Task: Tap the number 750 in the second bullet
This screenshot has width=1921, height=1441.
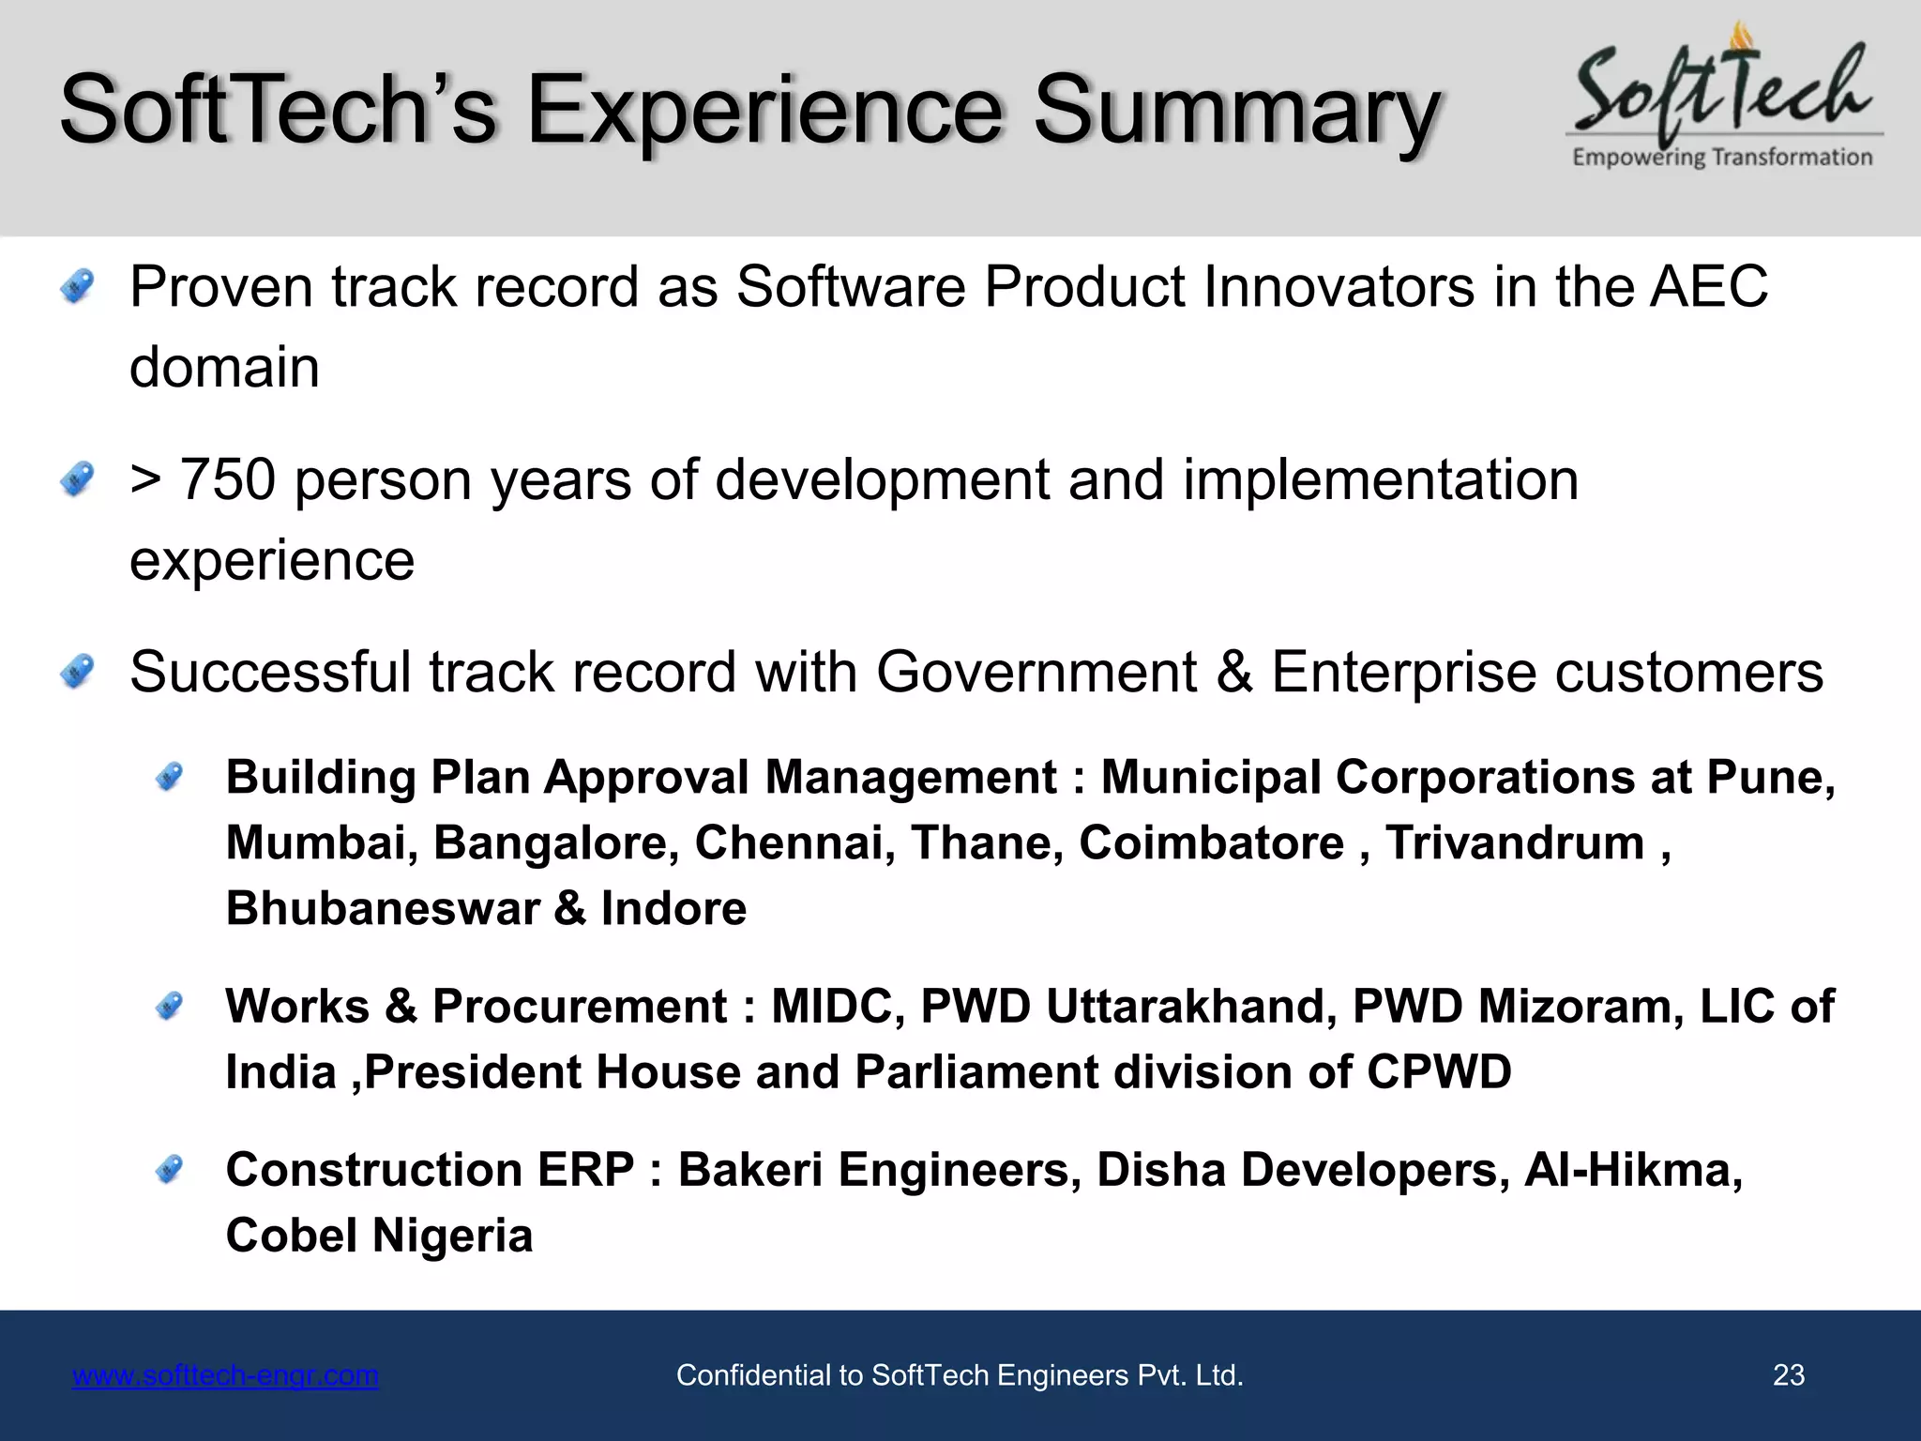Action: click(228, 479)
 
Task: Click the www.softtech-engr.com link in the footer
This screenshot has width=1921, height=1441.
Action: click(225, 1375)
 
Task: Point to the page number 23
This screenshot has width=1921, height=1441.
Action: click(1788, 1375)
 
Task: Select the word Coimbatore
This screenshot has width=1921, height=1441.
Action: click(1211, 842)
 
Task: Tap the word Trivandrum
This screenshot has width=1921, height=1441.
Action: click(1514, 842)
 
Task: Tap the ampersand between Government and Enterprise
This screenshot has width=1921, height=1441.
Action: click(1233, 673)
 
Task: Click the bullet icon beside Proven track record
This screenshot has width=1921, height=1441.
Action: click(77, 286)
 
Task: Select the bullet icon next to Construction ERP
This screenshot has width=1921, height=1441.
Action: click(169, 1169)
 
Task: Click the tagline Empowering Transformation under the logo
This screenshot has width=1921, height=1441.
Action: click(1722, 158)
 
